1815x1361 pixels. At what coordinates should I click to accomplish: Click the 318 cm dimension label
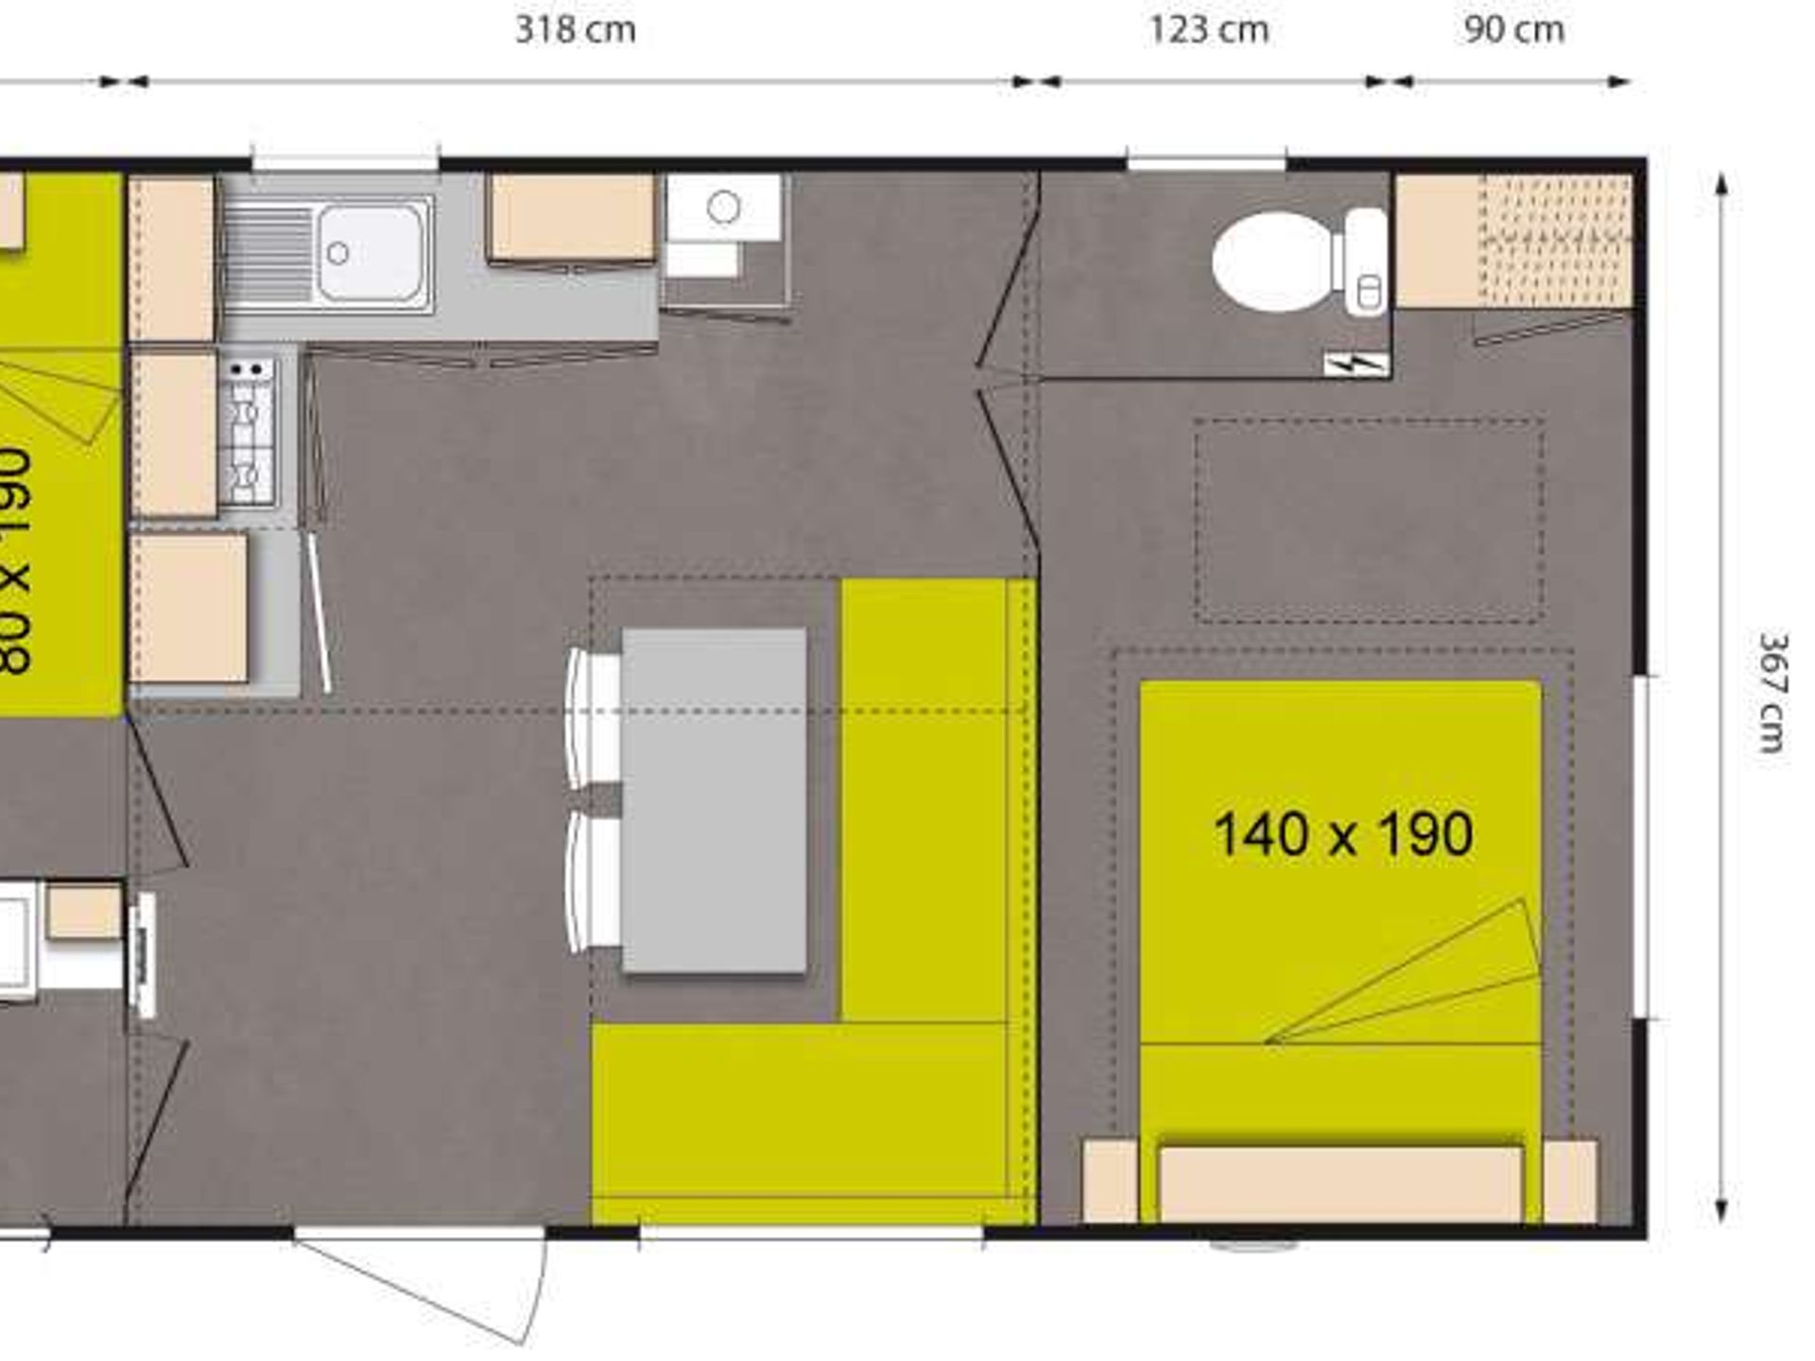575,30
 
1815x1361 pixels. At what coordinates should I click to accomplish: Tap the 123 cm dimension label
1208,30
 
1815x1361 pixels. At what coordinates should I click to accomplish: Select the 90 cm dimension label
1513,30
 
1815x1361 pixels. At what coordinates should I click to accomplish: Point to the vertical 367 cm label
1773,692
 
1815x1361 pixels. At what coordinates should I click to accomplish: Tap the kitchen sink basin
370,252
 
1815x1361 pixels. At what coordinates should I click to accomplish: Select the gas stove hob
248,430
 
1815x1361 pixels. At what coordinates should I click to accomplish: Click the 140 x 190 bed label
1342,835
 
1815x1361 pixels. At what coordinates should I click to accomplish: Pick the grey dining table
714,800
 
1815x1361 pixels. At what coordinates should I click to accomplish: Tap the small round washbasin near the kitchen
723,207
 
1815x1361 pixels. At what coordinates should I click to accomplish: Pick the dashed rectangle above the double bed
1369,520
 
